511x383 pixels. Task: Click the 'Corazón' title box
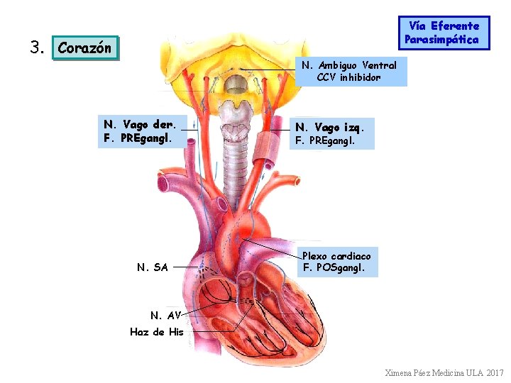pos(84,48)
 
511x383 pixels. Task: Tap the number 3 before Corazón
pos(37,48)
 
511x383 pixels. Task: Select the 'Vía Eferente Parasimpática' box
pos(444,33)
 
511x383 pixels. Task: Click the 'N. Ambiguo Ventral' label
pos(349,65)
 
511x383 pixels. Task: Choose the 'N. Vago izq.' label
pos(329,127)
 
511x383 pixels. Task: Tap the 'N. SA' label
pos(152,267)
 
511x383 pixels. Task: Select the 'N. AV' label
pos(165,315)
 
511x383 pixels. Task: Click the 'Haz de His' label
pos(157,332)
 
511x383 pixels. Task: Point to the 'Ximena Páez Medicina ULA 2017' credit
pos(444,372)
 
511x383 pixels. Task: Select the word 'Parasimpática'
pos(441,40)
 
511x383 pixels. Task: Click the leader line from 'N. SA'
pos(186,267)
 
